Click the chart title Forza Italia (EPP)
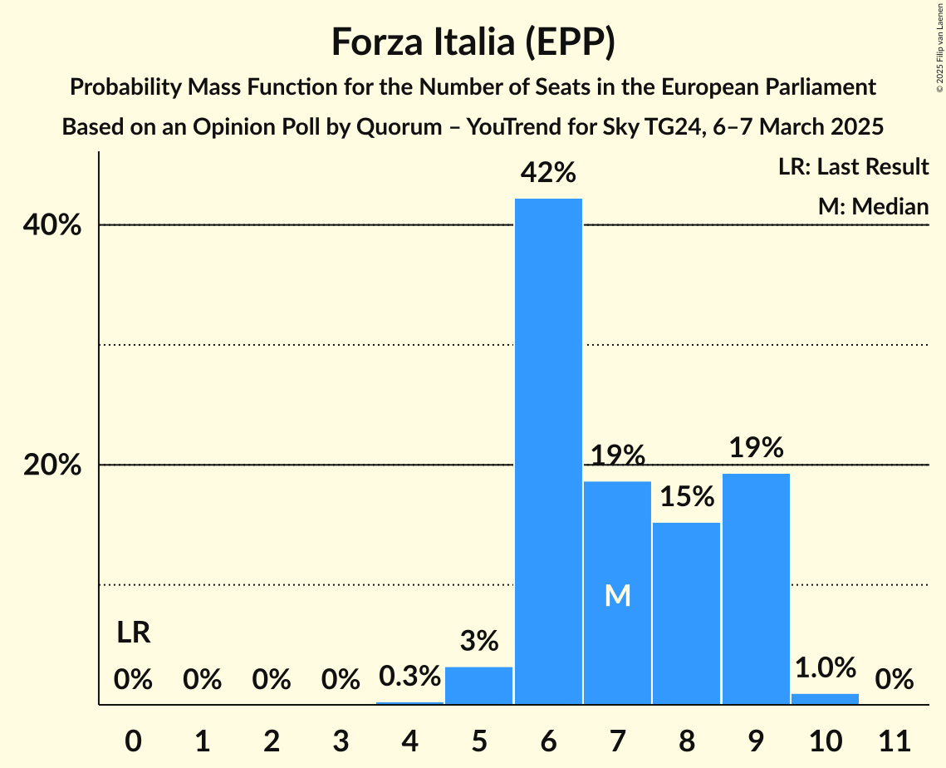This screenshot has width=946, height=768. [473, 42]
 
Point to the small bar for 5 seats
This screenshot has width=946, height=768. [479, 686]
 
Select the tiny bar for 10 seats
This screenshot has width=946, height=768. [825, 699]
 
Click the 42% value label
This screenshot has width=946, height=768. [548, 173]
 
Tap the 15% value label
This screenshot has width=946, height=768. [686, 497]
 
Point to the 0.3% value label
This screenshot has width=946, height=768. [409, 677]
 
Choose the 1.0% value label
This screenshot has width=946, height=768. [825, 667]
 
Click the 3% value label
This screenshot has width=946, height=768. [479, 641]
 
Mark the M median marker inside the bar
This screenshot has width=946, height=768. [617, 595]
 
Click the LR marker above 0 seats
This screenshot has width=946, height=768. [133, 633]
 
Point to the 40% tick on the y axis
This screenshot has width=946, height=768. [52, 225]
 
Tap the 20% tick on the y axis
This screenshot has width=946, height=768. [52, 465]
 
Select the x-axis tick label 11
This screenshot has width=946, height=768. [894, 738]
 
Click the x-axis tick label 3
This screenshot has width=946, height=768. [341, 738]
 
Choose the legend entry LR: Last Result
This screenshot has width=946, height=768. [853, 167]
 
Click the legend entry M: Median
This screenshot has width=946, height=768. [873, 206]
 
